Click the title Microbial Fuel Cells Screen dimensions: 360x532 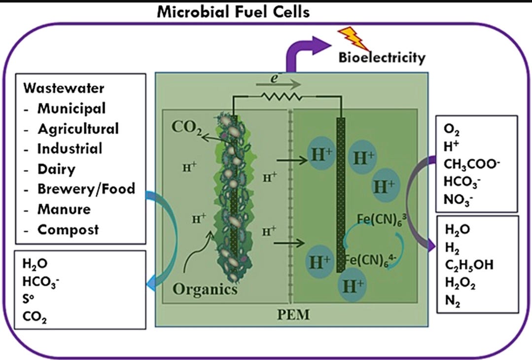(233, 11)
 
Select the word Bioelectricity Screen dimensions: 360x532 (382, 58)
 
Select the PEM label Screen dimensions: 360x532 (296, 314)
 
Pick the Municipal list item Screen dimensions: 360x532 (71, 108)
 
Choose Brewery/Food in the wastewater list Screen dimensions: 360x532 (86, 188)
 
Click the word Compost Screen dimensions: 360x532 (69, 229)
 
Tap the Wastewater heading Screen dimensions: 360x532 (63, 89)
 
